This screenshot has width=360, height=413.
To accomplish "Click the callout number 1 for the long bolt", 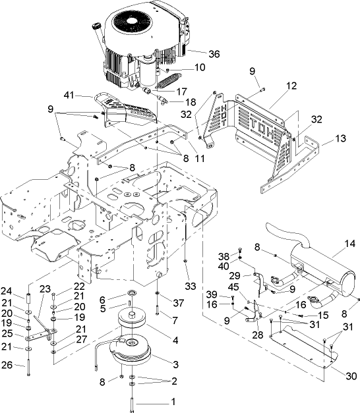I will (173, 401).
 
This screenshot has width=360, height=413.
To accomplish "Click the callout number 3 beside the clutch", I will (175, 364).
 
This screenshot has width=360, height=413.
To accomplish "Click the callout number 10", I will (199, 67).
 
